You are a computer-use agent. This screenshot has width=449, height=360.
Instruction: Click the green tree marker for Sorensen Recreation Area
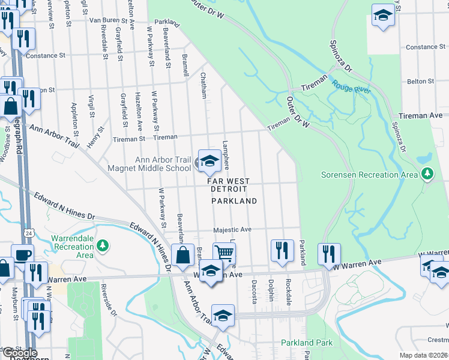427,175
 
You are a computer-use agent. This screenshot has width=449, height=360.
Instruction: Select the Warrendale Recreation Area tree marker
103,245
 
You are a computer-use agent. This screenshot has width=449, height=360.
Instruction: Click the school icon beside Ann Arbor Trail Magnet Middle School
209,160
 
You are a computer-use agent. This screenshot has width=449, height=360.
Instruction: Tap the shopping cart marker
224,253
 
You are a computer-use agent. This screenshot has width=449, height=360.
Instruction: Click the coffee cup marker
23,254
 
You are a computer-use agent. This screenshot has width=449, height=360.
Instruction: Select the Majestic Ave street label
232,230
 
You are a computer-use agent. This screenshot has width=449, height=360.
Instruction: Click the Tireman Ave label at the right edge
424,115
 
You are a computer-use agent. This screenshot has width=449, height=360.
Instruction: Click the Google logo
19,353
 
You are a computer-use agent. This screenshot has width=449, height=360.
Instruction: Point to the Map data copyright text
424,355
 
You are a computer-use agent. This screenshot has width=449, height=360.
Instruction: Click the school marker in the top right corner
383,16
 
